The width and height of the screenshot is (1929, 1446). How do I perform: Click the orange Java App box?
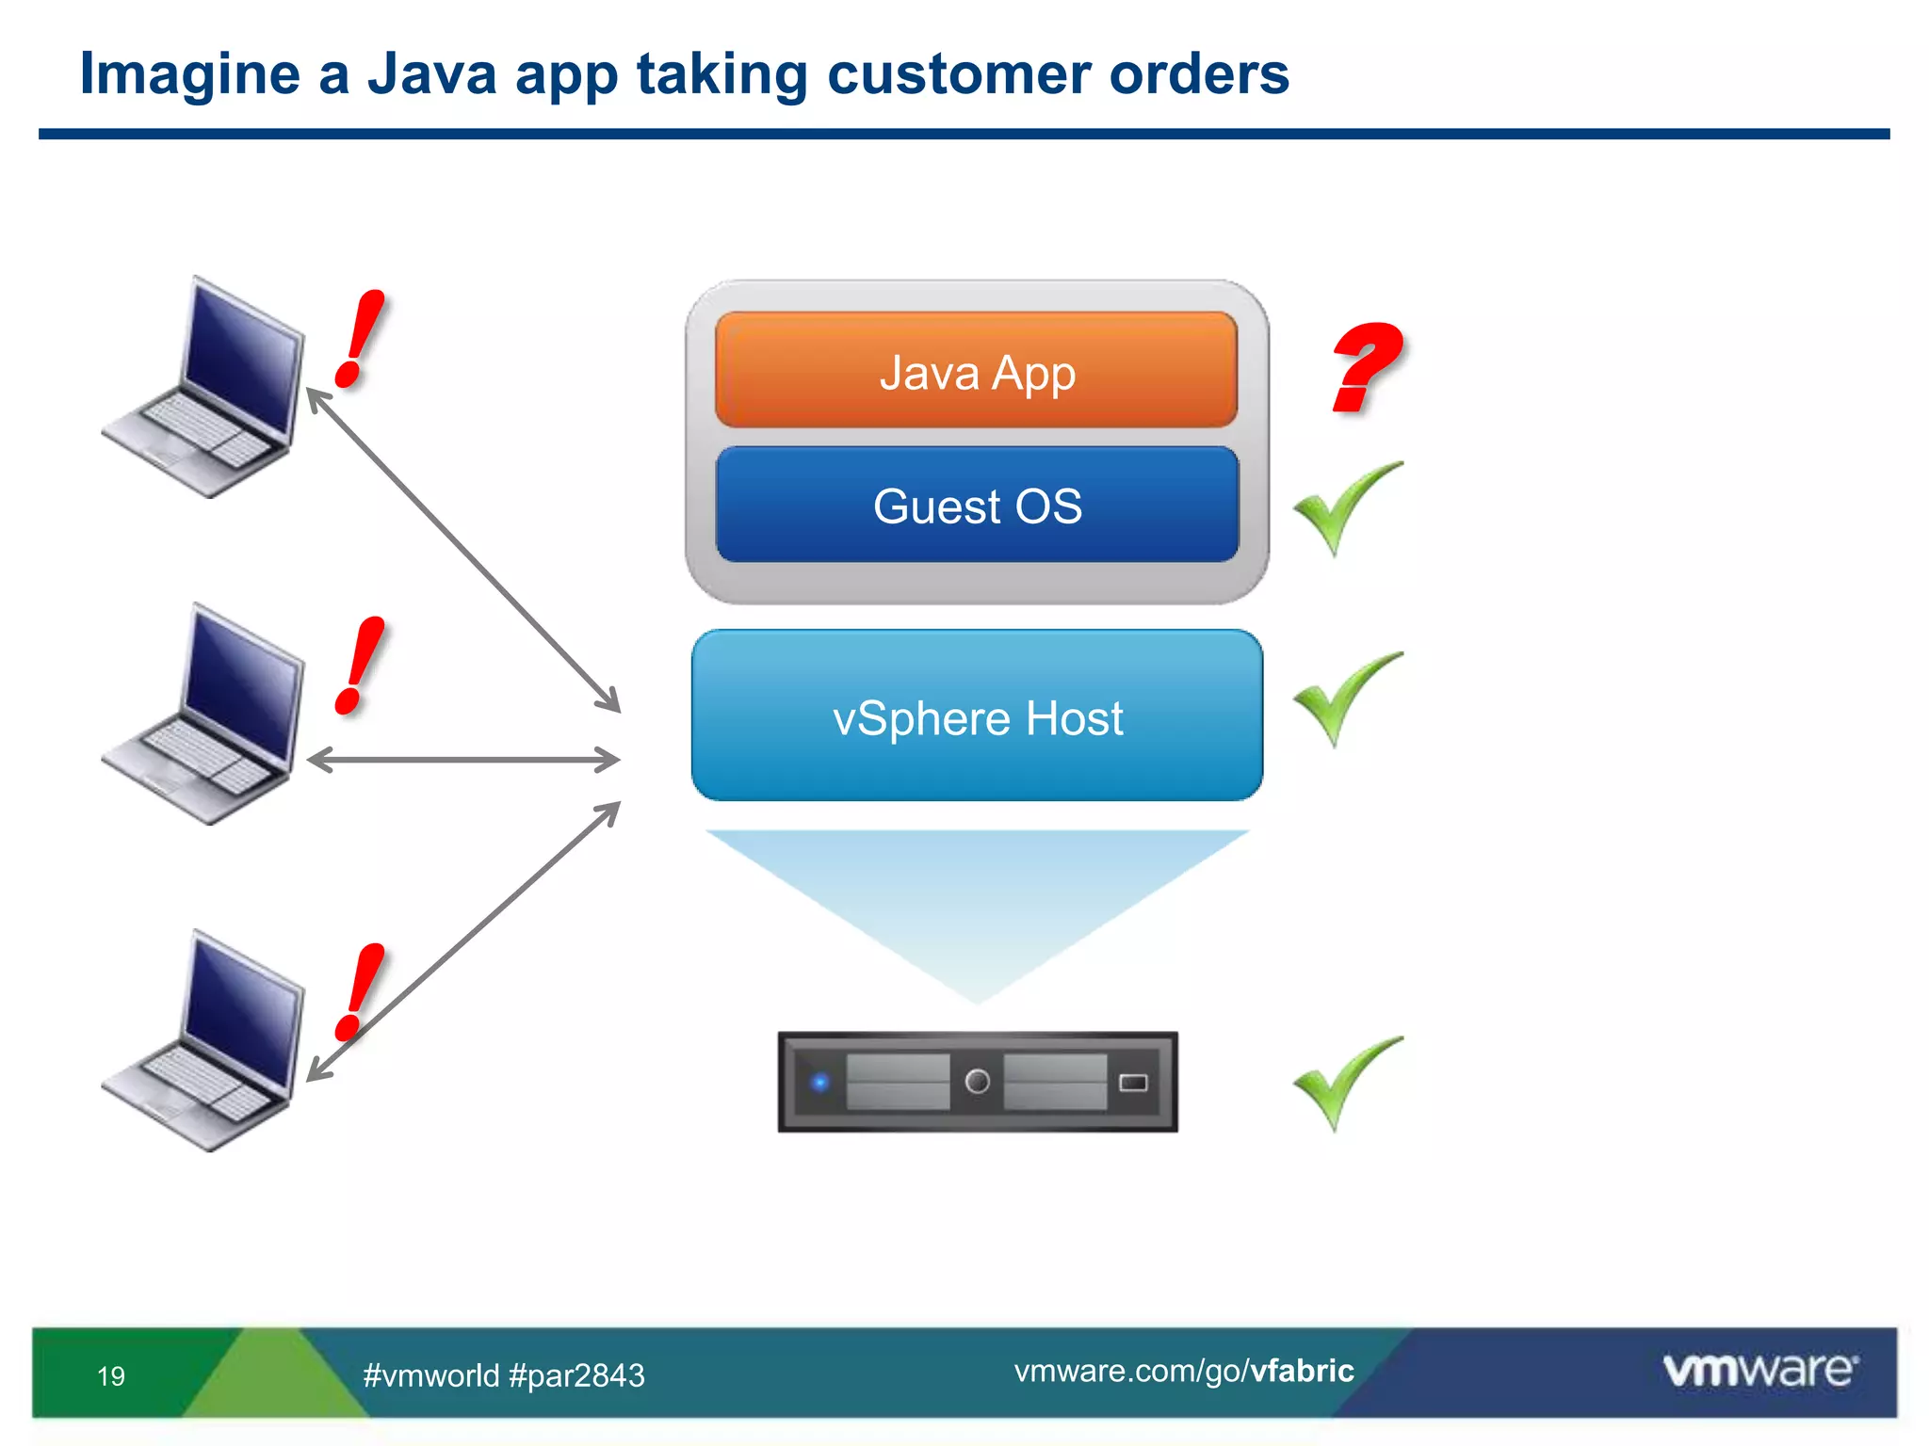[976, 371]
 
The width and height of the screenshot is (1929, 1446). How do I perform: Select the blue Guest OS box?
[977, 506]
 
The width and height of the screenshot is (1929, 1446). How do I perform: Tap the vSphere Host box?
[977, 716]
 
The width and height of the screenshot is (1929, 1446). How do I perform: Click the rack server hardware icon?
[977, 1082]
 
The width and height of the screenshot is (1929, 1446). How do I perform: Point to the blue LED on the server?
[820, 1083]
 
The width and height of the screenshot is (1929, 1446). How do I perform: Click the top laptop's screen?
[243, 358]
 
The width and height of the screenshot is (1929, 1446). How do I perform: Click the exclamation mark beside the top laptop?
[360, 339]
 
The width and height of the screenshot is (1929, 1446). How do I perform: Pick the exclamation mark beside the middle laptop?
[360, 667]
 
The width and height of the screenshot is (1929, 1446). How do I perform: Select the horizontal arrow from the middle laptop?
[463, 760]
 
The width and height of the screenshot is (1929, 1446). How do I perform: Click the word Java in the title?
[431, 73]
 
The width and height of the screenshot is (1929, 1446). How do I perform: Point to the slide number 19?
[111, 1376]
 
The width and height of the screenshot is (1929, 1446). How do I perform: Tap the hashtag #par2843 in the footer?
[576, 1376]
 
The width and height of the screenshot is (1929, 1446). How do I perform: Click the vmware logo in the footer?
[1759, 1371]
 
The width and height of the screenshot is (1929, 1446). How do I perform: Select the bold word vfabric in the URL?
[1302, 1371]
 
